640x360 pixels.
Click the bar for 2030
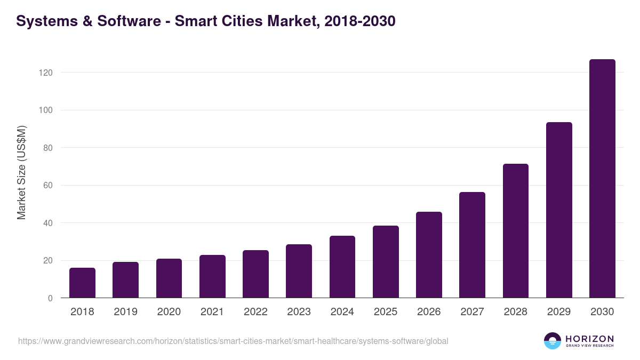point(602,179)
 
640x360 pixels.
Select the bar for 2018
point(82,283)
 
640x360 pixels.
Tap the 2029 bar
point(559,210)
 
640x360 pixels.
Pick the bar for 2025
point(386,262)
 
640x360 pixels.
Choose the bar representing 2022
point(255,274)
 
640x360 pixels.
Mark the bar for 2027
point(472,245)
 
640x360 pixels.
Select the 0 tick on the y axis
point(50,299)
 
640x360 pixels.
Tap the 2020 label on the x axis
point(169,312)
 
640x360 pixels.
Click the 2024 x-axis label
point(342,312)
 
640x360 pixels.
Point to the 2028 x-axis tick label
point(515,312)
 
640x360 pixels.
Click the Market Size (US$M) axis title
point(21,173)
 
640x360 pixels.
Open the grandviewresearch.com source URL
point(233,341)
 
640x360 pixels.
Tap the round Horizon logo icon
point(553,341)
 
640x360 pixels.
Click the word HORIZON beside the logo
point(589,339)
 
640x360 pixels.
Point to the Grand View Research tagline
point(589,346)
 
